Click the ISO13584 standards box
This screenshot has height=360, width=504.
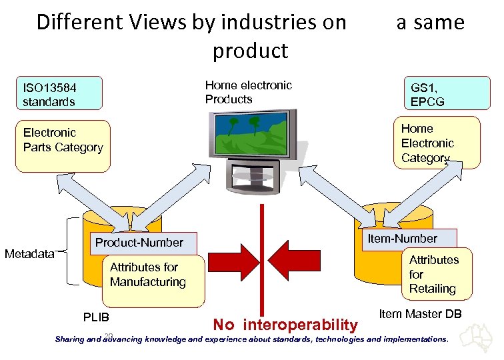60,94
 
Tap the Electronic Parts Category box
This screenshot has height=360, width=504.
63,146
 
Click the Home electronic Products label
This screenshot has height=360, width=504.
248,92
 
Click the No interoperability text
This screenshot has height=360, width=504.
285,325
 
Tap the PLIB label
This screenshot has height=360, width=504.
96,316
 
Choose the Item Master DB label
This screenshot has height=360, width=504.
420,313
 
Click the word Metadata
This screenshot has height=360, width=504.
29,253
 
